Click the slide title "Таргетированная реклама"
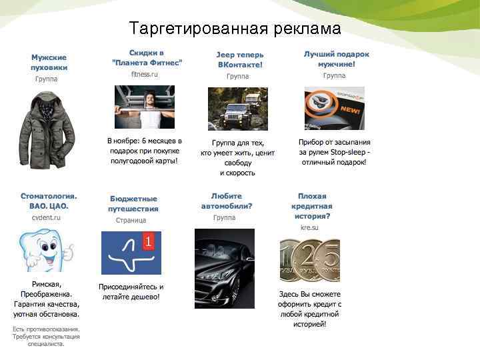tap(235, 29)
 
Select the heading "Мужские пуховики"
tap(49, 62)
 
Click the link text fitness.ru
tap(145, 75)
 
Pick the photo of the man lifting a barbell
tap(146, 107)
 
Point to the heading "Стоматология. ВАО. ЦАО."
tap(49, 201)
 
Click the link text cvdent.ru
tap(46, 217)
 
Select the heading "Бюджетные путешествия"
tap(133, 203)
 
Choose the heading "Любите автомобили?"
tap(227, 201)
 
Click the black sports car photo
tap(224, 268)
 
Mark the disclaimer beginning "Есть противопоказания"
tap(46, 337)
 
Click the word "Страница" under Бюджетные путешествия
tap(131, 220)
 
